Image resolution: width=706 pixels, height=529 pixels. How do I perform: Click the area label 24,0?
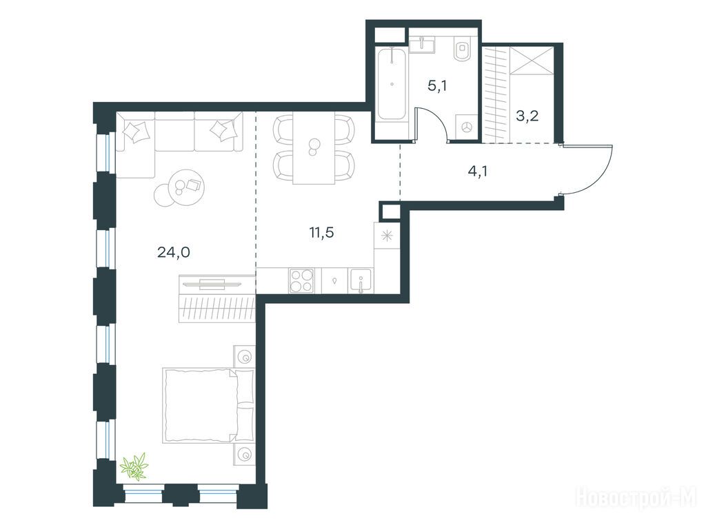point(173,252)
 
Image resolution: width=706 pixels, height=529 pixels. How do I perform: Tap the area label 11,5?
point(321,233)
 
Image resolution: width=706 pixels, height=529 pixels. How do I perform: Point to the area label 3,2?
point(527,116)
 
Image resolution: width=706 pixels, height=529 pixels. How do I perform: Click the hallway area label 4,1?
point(478,171)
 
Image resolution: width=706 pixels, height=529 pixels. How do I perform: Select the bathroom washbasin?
point(422,45)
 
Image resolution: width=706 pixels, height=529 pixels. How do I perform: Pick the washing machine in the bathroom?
point(467,127)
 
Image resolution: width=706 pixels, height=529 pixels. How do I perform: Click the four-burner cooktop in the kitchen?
point(302,281)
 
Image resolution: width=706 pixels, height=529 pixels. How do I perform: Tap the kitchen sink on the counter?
point(361,281)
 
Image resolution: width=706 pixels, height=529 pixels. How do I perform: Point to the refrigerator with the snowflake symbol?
point(387,236)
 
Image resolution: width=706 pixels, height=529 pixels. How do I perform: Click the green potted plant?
point(134,466)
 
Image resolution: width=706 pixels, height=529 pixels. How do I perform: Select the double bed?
point(209,405)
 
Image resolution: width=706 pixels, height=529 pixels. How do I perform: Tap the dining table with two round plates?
point(314,147)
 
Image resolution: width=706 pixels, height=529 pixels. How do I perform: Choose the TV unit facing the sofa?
point(217,284)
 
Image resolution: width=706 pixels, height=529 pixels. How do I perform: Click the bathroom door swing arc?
point(436,118)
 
